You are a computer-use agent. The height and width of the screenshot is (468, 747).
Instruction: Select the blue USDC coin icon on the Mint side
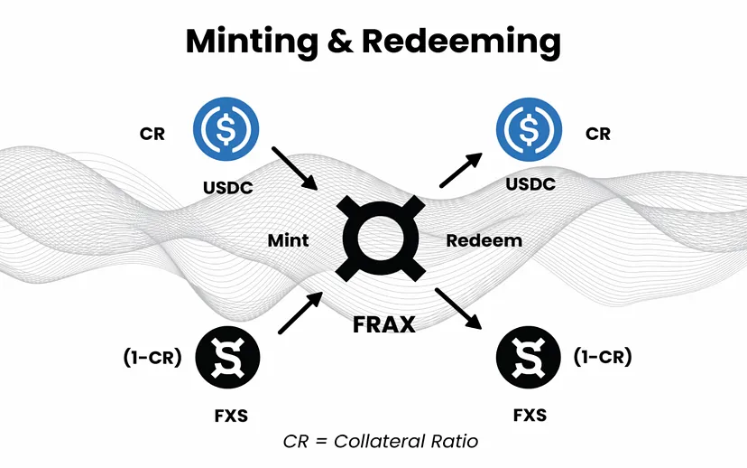(226, 127)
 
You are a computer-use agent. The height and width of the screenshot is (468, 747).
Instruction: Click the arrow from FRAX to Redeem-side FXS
(460, 310)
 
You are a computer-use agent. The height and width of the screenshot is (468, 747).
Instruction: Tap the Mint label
(288, 240)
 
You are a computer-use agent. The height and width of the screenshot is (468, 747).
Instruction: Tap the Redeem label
(484, 240)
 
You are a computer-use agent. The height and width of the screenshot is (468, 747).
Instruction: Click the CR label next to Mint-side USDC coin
(152, 134)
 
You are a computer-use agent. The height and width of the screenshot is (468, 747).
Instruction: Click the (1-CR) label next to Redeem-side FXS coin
(603, 358)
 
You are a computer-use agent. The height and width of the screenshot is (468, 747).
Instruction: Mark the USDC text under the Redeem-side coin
(530, 184)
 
